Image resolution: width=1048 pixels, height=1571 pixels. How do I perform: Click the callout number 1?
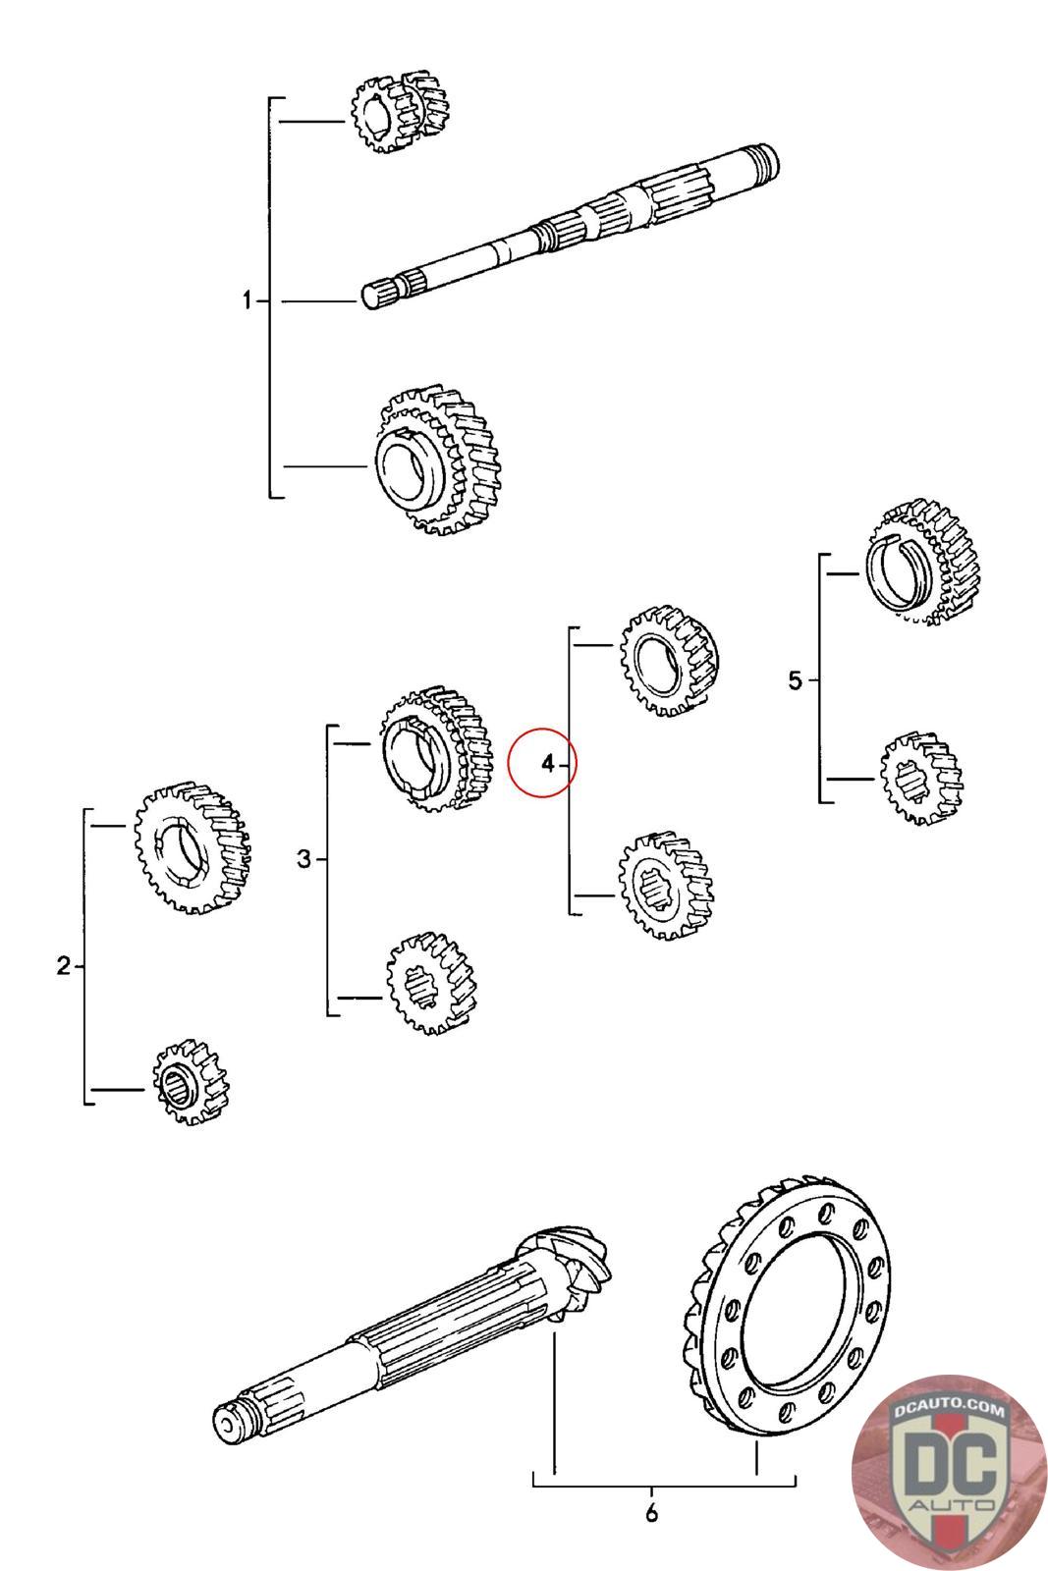click(x=247, y=300)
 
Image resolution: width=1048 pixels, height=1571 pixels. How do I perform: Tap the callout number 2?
click(x=64, y=966)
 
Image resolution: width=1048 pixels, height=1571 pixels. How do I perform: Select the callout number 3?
click(x=303, y=858)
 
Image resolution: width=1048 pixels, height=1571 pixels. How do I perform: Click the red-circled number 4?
click(x=548, y=763)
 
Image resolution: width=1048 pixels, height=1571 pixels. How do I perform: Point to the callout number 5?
click(x=794, y=679)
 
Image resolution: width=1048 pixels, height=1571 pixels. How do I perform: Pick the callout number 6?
click(x=651, y=1513)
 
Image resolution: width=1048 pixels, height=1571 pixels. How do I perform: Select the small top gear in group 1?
click(x=399, y=111)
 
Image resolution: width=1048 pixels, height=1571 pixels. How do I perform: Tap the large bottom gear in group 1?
click(x=438, y=460)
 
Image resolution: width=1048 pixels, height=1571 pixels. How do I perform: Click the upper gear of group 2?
click(x=193, y=848)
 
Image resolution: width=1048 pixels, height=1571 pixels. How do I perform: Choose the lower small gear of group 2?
click(x=191, y=1081)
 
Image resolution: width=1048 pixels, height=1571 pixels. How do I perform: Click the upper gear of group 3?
click(x=436, y=748)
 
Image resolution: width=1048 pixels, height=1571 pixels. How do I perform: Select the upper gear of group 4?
click(x=669, y=660)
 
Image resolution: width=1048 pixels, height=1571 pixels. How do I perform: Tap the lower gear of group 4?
click(x=666, y=885)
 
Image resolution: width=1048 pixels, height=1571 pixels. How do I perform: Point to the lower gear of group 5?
click(x=921, y=778)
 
